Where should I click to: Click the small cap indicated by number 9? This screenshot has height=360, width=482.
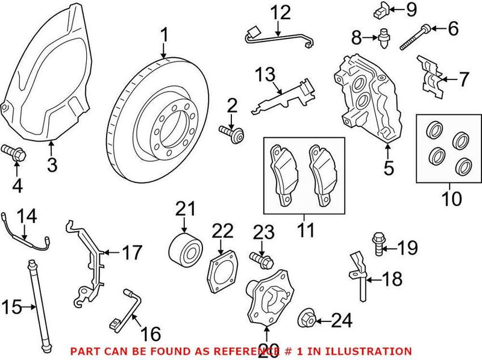tap(378, 10)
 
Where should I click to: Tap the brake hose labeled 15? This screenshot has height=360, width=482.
tap(36, 307)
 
